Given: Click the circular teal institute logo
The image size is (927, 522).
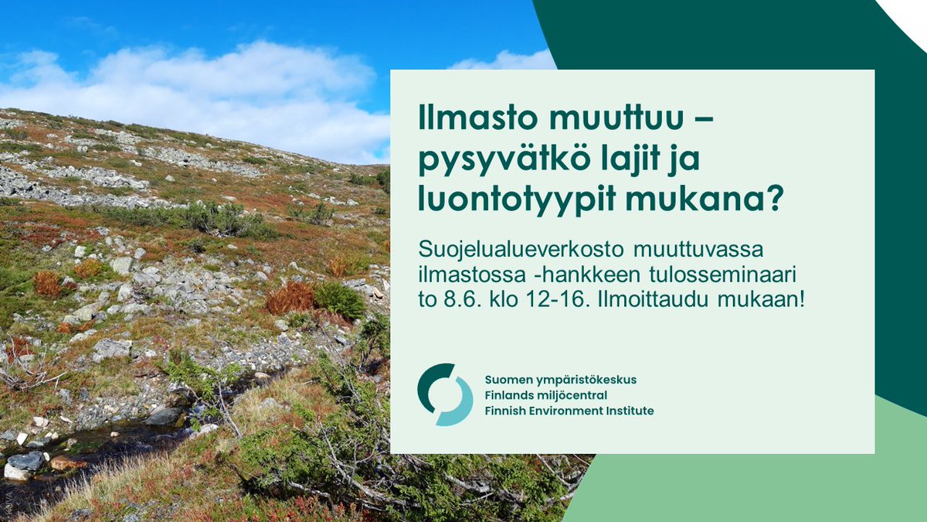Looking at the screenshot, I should pyautogui.click(x=445, y=394).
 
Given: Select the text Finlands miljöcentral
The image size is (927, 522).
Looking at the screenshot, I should pyautogui.click(x=546, y=395).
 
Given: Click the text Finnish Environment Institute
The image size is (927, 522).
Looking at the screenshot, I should pyautogui.click(x=569, y=411).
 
